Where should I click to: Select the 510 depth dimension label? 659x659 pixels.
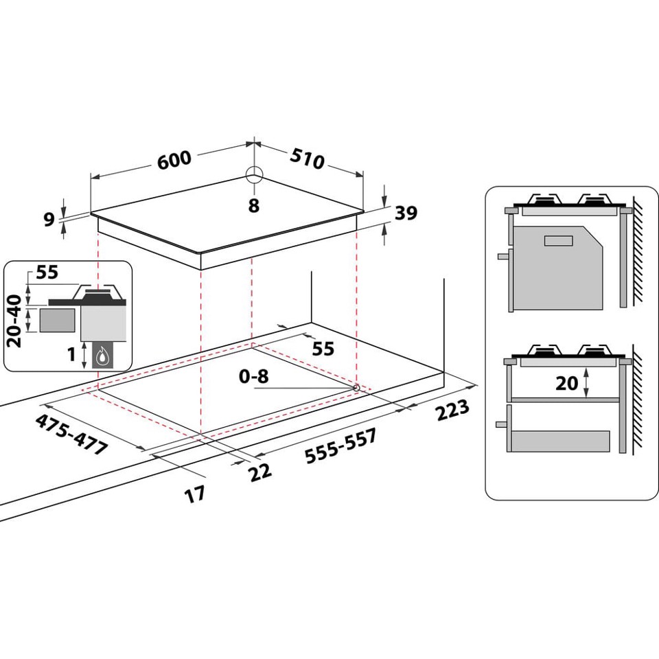pyautogui.click(x=306, y=159)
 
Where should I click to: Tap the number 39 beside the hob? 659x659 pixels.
pyautogui.click(x=406, y=213)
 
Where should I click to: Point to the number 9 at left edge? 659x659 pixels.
pyautogui.click(x=49, y=220)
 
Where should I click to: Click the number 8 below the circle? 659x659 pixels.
pyautogui.click(x=254, y=205)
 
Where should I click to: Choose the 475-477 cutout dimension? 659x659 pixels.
pyautogui.click(x=73, y=434)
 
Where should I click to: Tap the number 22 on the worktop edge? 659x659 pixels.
pyautogui.click(x=260, y=471)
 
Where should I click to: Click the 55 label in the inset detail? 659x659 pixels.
pyautogui.click(x=47, y=273)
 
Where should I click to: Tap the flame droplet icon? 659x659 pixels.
pyautogui.click(x=103, y=356)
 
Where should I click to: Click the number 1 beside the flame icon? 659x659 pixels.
pyautogui.click(x=72, y=355)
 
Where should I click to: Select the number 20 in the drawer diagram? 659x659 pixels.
pyautogui.click(x=567, y=383)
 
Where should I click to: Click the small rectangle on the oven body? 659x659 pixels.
pyautogui.click(x=558, y=241)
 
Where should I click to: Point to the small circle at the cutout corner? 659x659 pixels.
pyautogui.click(x=356, y=388)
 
